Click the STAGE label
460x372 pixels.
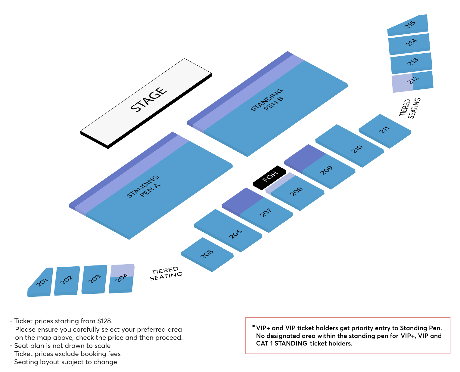tap(149, 99)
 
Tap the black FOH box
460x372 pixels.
tap(269, 178)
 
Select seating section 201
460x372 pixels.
tap(40, 282)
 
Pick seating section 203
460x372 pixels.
tap(94, 279)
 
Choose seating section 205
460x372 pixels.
tap(207, 254)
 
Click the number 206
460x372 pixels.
tap(235, 234)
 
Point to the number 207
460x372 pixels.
tap(266, 213)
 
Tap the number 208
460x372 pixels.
tap(296, 191)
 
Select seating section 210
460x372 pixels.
tap(349, 146)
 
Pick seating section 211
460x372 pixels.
tap(385, 131)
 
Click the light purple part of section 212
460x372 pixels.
tap(402, 83)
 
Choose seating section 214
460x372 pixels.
tap(409, 44)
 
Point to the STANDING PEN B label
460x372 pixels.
tap(267, 100)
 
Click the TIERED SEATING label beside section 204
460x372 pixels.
tap(166, 274)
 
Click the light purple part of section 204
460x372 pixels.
tap(122, 270)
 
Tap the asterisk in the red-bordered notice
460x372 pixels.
tap(253, 326)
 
